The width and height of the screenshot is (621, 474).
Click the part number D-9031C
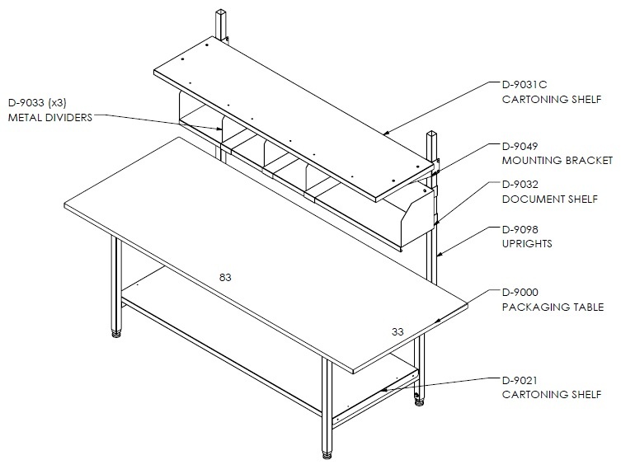pos(525,85)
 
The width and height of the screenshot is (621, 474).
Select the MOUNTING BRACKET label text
pos(557,161)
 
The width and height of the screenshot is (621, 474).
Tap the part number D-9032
pos(520,185)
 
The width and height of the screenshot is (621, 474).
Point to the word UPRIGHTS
pos(527,243)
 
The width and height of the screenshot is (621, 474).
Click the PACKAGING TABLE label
pos(553,307)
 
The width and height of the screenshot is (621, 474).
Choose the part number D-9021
pos(520,381)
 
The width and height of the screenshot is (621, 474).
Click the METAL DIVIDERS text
pos(50,118)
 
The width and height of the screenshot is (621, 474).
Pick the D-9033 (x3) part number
pos(37,103)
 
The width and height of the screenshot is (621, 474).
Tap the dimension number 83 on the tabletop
pos(225,278)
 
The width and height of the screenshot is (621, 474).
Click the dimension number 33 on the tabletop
pos(398,332)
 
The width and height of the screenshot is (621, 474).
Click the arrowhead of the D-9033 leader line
pos(219,129)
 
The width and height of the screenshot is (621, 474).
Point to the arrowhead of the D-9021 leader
pos(384,390)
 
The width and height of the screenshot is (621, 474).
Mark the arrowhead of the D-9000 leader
pos(438,321)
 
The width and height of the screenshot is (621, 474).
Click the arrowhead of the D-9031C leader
pos(388,133)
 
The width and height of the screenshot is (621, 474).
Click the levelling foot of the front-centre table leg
pos(327,454)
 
